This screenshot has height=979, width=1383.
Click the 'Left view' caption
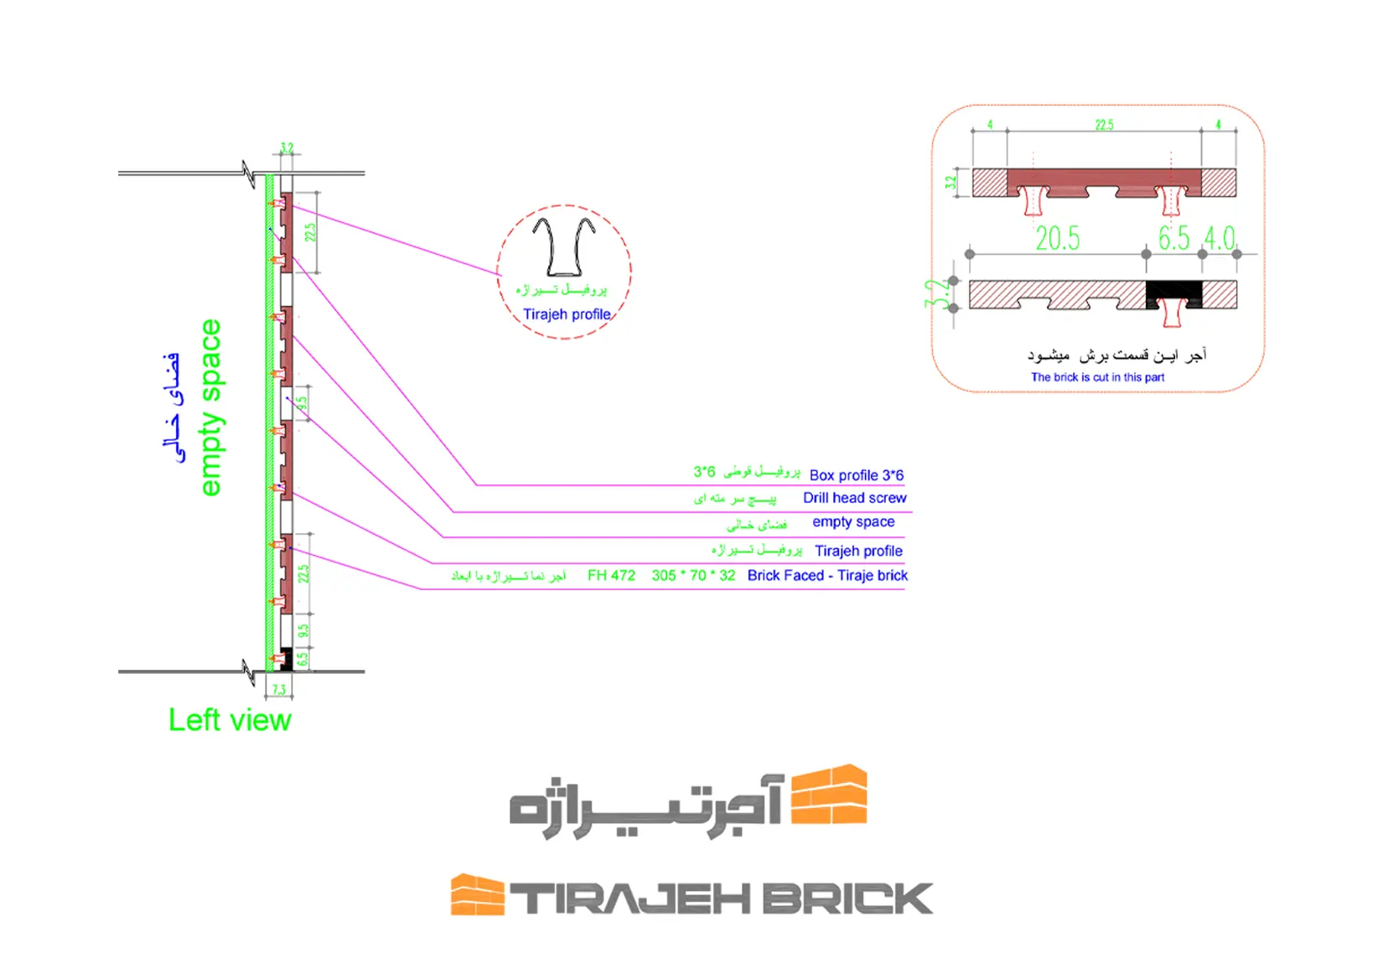230,720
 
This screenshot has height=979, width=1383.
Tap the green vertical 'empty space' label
210,407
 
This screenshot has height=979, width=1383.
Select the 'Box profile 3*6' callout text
856,475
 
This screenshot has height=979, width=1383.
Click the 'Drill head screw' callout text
854,498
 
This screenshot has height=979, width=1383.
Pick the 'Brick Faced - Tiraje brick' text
827,576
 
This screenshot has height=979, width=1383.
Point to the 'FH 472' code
611,576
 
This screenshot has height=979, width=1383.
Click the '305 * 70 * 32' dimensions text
693,576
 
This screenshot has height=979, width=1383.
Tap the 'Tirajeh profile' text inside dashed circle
567,314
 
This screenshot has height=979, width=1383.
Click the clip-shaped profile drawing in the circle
563,246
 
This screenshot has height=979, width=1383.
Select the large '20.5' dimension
1057,239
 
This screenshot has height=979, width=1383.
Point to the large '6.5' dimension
1173,239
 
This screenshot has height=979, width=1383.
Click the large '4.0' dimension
1220,239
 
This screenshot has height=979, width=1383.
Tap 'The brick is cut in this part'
1097,377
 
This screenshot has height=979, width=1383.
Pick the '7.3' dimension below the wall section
279,690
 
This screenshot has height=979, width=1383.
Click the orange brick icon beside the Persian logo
829,794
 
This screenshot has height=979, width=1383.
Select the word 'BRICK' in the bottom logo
847,899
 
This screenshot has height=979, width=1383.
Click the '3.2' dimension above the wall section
287,148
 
